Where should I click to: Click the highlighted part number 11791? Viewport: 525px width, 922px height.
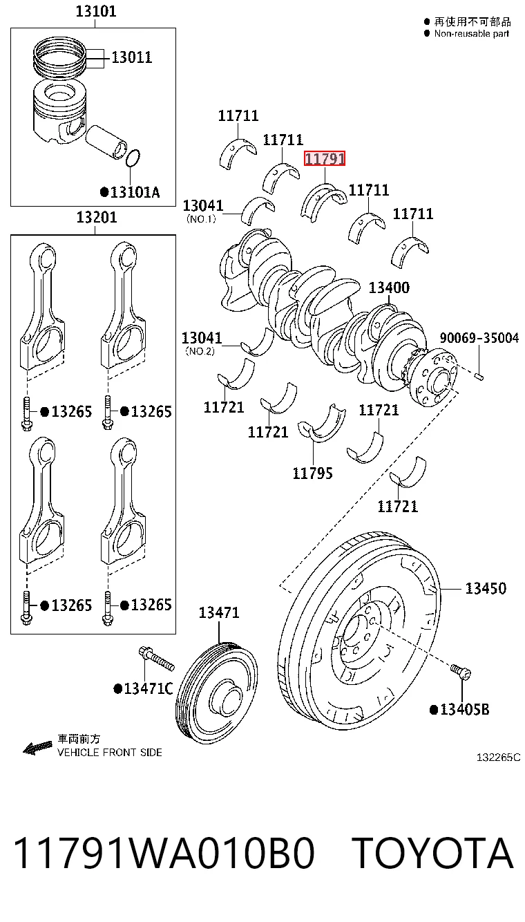click(324, 158)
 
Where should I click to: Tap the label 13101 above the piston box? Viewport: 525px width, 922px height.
click(96, 11)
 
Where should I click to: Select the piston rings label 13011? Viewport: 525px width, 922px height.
click(132, 57)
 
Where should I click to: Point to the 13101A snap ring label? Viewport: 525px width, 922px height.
click(130, 192)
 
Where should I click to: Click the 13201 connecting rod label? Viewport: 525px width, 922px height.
click(97, 217)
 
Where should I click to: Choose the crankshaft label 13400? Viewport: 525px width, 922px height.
click(389, 288)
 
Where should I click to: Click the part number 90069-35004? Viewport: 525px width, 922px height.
click(479, 338)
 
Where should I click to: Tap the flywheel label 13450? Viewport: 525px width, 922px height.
click(486, 588)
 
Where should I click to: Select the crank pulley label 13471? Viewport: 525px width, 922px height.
click(219, 612)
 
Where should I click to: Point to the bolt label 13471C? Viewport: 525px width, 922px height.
click(143, 688)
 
